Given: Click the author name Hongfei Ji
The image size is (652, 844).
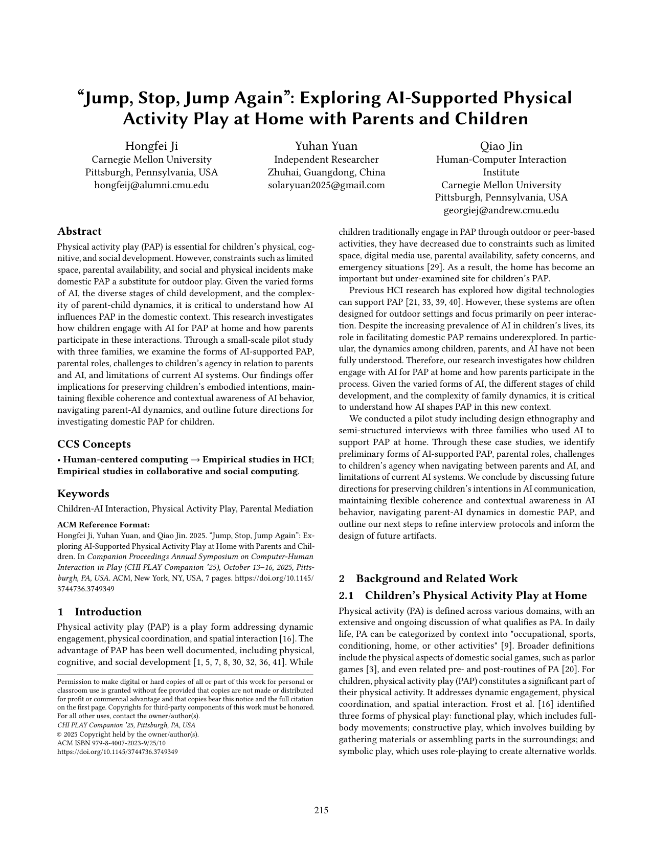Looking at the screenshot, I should tap(151, 146).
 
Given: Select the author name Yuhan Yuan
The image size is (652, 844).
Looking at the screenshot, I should tap(326, 146).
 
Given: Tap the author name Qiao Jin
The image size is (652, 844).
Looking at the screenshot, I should tap(501, 146).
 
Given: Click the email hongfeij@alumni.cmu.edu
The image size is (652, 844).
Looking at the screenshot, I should tap(151, 185).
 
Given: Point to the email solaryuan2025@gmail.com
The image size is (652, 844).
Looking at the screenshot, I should tap(326, 185).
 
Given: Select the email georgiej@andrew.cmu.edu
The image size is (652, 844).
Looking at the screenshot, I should tap(501, 210).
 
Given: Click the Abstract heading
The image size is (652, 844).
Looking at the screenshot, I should tap(79, 231).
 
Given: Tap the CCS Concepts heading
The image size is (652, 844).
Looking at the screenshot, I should tap(94, 443).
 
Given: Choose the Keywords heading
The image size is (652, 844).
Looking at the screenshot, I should tap(83, 493).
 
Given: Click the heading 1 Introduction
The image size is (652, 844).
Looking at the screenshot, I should tap(100, 612).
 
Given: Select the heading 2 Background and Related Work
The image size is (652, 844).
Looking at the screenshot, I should tap(429, 579).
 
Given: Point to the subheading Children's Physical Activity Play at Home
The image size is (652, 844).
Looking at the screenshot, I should tap(476, 595).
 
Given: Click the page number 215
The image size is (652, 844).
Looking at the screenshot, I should tap(321, 810).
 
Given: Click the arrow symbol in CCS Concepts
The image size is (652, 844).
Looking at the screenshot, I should tap(195, 460).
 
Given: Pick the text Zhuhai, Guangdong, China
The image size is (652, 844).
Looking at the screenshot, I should tap(326, 172).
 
